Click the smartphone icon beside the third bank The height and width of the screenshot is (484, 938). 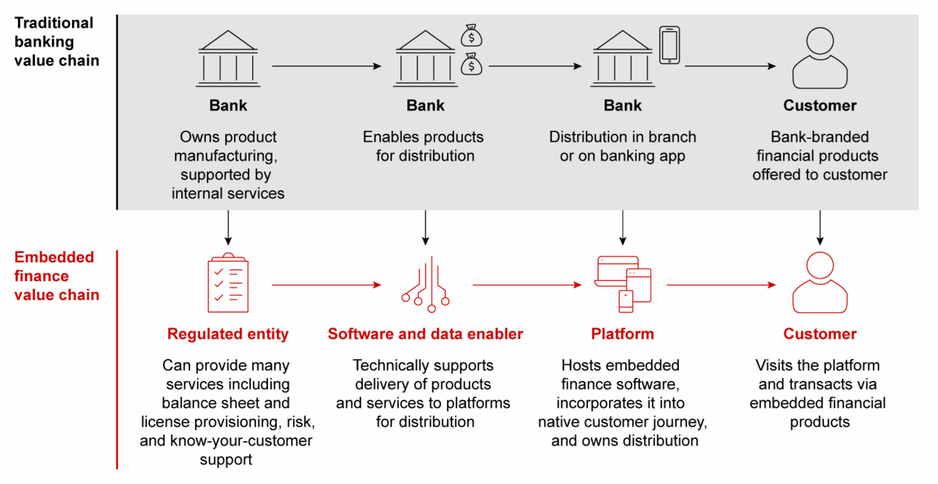tap(669, 45)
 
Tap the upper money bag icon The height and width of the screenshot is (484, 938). tap(471, 36)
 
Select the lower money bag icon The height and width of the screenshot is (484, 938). tap(471, 64)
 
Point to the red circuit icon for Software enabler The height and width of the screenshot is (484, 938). tap(426, 285)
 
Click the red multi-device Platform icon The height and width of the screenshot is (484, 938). tap(623, 284)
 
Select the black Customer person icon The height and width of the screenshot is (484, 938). tap(819, 58)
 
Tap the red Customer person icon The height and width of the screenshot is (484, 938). tap(819, 283)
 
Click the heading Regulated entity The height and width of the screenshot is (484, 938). tap(228, 334)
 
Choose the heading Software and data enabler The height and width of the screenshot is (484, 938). tap(425, 334)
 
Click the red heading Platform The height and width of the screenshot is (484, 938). tap(622, 334)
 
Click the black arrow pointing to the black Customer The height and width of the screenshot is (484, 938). tap(730, 66)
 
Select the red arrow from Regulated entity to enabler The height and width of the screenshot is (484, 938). tap(326, 285)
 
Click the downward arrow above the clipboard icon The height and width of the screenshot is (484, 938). tap(228, 228)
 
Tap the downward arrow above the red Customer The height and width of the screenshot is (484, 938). tap(820, 228)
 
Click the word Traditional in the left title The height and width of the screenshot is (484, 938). tap(54, 23)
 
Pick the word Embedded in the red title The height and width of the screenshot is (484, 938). tap(54, 257)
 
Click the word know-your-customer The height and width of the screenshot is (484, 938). tap(241, 441)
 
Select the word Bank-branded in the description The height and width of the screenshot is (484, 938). tap(819, 137)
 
